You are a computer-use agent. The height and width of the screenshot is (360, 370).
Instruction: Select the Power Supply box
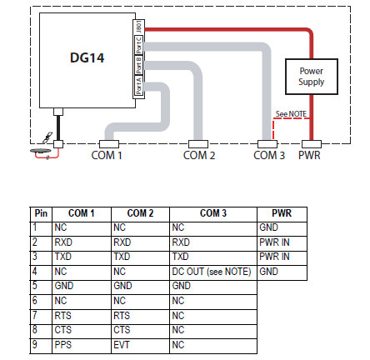(311, 77)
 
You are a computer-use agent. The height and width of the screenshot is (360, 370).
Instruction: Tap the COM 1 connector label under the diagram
(107, 155)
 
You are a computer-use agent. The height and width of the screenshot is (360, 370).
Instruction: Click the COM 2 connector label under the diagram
(199, 155)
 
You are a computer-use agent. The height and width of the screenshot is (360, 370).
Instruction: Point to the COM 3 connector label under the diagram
(269, 155)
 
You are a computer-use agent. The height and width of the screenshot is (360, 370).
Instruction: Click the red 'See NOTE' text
(288, 115)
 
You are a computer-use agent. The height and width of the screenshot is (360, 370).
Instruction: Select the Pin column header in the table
(41, 214)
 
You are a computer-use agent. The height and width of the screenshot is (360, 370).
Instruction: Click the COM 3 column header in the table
(212, 214)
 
